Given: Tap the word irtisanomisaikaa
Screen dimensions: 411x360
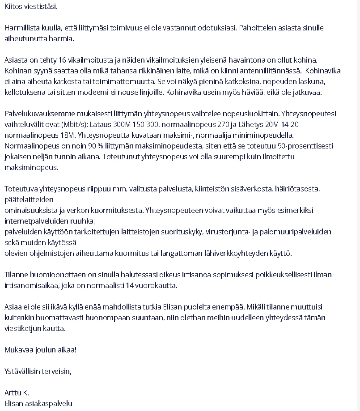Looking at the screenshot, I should tap(30, 285).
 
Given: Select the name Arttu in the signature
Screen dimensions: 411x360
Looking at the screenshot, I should tap(13, 393).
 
